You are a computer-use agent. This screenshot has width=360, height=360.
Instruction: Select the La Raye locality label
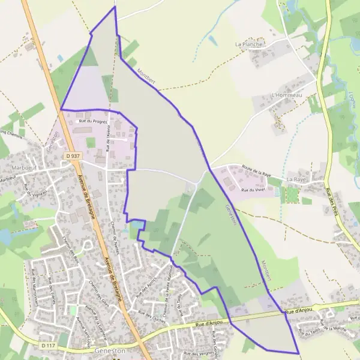296,179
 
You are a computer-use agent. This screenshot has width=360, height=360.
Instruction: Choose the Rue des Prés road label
329,201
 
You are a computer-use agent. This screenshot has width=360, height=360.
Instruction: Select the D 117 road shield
50,346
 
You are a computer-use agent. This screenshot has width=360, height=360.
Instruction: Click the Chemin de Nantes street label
115,235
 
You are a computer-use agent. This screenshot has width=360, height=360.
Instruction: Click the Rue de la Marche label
335,328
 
